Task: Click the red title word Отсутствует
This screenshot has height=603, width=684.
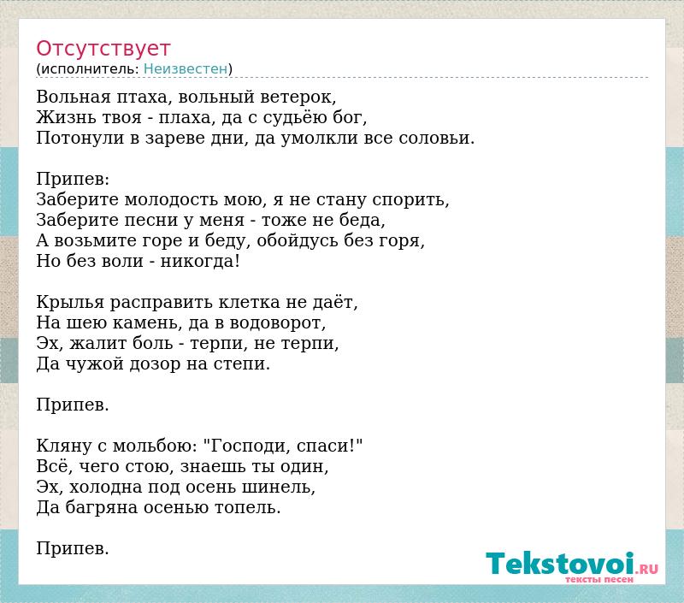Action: click(x=103, y=49)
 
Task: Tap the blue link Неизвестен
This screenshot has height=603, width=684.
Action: click(x=186, y=69)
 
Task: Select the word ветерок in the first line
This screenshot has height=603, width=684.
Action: click(x=298, y=97)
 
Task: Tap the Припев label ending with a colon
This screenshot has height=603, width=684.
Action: click(x=73, y=180)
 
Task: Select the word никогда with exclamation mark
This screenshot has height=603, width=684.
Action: click(x=200, y=262)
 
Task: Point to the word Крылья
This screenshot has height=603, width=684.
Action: click(x=70, y=303)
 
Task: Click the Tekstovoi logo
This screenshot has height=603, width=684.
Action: click(x=572, y=565)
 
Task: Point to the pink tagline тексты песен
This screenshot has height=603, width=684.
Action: click(x=599, y=580)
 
